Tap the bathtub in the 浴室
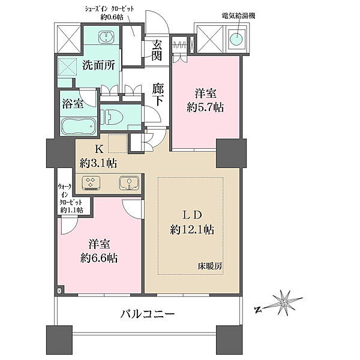[x=78, y=127]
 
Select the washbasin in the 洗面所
[x=106, y=37]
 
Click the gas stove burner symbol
[x=91, y=183]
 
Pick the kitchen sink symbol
[x=129, y=183]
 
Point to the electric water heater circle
[x=236, y=39]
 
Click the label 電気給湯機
[x=239, y=16]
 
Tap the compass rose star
[x=284, y=303]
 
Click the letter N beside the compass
[x=258, y=310]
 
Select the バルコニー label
[x=148, y=314]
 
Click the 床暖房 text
[x=210, y=266]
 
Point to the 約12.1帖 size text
[x=192, y=230]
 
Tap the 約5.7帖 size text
[x=205, y=107]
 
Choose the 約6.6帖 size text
[x=99, y=258]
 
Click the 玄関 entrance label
[x=157, y=50]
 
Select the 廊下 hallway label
[x=158, y=95]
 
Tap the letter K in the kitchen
[x=99, y=149]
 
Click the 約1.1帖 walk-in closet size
[x=71, y=210]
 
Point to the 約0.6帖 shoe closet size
[x=112, y=17]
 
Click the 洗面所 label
[x=98, y=65]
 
